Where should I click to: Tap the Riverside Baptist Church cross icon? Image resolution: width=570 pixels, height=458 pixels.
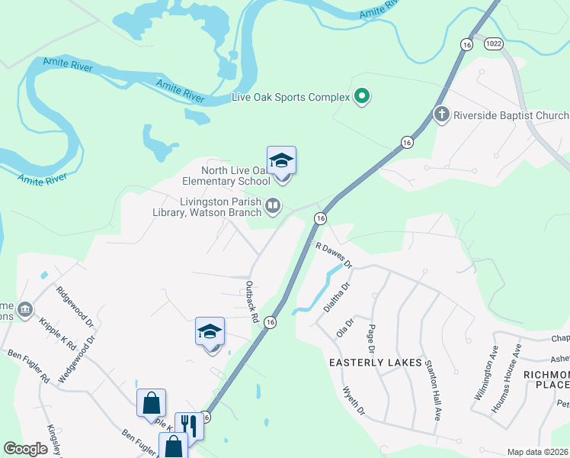pyautogui.click(x=441, y=115)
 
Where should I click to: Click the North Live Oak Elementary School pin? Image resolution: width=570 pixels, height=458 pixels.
pyautogui.click(x=281, y=162)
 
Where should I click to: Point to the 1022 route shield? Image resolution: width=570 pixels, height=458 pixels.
pyautogui.click(x=494, y=44)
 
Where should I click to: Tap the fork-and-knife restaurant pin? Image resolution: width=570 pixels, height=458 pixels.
pyautogui.click(x=188, y=426)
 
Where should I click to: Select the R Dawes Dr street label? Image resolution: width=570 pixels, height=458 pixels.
pyautogui.click(x=334, y=255)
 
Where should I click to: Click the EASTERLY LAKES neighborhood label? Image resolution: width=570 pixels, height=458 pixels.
pyautogui.click(x=375, y=363)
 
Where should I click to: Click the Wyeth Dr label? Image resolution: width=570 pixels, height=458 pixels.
pyautogui.click(x=354, y=401)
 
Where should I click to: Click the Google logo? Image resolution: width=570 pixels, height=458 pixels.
pyautogui.click(x=25, y=448)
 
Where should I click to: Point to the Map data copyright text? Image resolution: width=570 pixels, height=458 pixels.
pyautogui.click(x=538, y=452)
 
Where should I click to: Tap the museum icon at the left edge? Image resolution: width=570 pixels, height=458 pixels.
pyautogui.click(x=25, y=308)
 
